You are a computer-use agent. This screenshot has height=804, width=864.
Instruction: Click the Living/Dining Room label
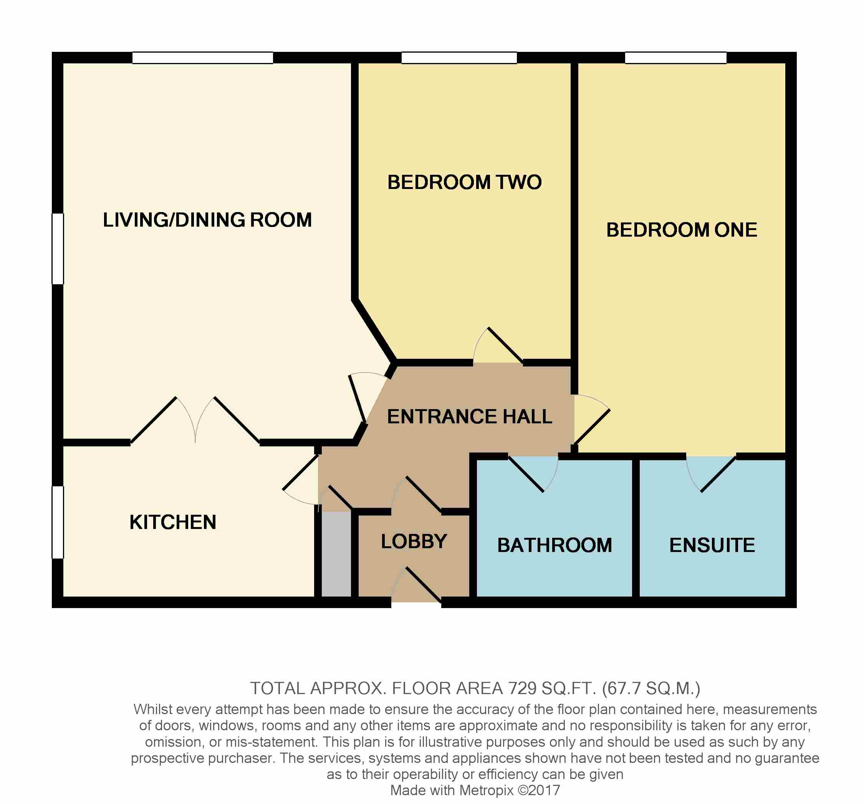[207, 220]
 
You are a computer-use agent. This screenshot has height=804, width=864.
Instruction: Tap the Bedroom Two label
[464, 182]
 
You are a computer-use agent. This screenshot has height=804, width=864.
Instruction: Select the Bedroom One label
[682, 230]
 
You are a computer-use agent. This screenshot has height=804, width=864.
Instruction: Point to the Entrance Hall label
[469, 416]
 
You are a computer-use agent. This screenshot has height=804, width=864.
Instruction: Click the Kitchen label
[173, 522]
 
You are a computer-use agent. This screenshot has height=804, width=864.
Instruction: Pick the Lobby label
[414, 541]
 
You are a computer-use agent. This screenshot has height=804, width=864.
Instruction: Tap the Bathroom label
[554, 545]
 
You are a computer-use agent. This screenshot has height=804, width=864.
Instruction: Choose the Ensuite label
[712, 545]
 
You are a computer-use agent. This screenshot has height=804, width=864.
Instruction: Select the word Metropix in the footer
[486, 790]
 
